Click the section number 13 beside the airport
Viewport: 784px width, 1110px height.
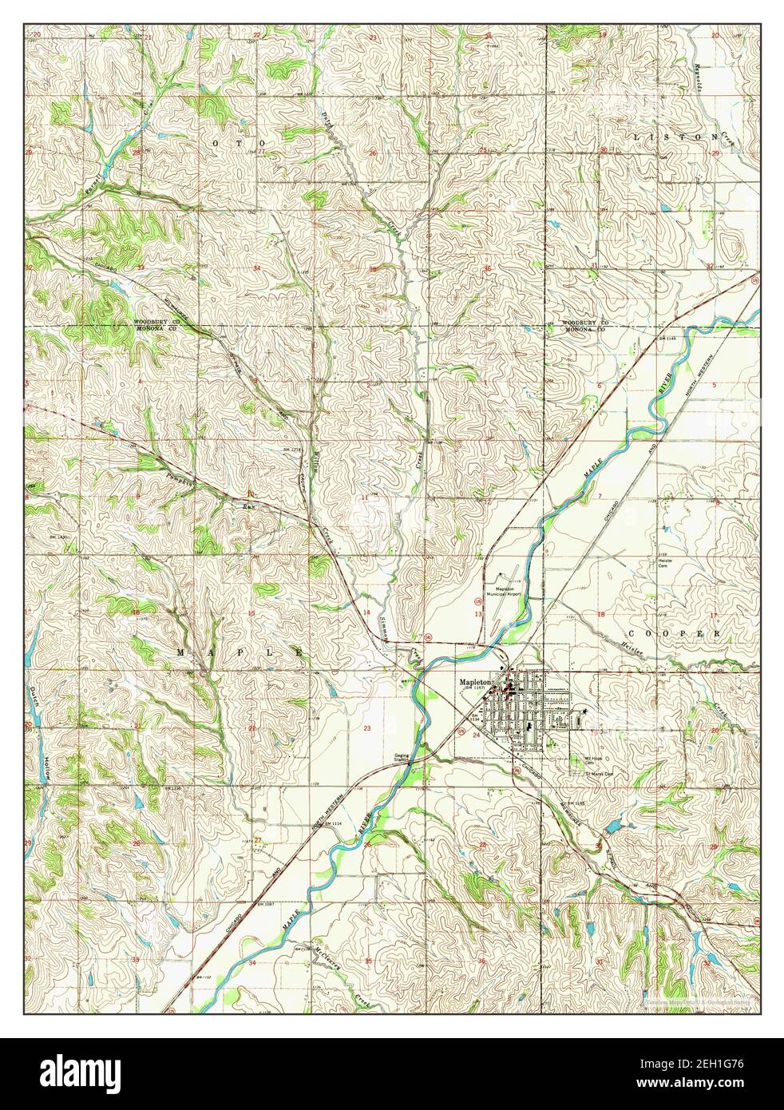[x=478, y=613]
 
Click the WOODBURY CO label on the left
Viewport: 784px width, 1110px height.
[x=158, y=323]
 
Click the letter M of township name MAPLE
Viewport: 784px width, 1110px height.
[x=180, y=652]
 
